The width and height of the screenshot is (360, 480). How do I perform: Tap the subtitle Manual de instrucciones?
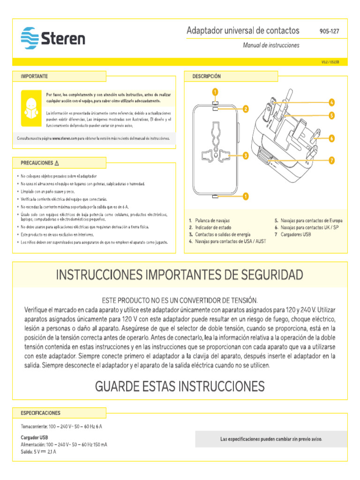270,45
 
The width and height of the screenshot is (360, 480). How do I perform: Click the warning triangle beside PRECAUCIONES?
57,163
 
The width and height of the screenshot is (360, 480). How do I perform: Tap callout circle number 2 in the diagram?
245,109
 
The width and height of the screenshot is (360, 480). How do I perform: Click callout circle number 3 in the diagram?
245,156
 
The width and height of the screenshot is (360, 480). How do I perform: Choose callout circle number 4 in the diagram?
331,102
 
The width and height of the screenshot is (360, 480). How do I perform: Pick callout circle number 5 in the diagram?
331,115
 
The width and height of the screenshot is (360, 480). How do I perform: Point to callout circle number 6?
331,138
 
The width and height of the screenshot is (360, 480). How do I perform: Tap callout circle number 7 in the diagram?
331,160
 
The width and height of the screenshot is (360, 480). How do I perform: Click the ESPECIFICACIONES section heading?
40,413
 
